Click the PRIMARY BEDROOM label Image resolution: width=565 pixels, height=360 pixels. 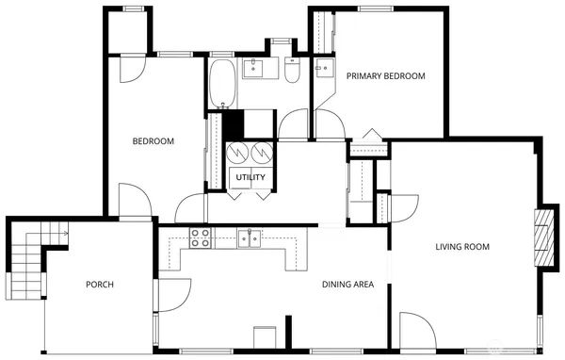coord(385,76)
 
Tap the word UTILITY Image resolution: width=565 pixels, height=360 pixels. coord(250,178)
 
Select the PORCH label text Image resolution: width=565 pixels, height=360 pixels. coord(100,286)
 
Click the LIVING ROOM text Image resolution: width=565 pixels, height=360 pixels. coord(462,248)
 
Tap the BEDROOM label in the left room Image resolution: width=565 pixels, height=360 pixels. coord(153,142)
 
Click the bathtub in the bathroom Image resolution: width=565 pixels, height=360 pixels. coord(223,84)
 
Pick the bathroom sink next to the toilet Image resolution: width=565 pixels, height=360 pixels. coord(255,68)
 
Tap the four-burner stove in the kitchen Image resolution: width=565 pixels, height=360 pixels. coord(201,237)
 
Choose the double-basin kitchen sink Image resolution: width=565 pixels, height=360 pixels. coord(249,238)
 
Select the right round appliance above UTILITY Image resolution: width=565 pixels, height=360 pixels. coord(261,152)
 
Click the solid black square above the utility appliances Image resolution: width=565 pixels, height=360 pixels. coord(232,123)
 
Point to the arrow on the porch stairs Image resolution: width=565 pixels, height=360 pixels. coord(62,229)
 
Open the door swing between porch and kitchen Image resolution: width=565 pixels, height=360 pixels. coord(170,294)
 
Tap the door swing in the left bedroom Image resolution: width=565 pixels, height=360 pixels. coord(133,200)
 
